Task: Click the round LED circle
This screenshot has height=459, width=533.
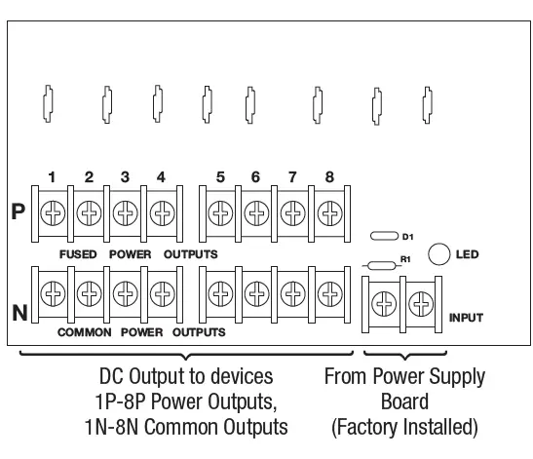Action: click(439, 253)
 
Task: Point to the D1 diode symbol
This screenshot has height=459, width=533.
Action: click(384, 237)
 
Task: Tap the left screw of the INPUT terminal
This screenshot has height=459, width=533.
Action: click(384, 306)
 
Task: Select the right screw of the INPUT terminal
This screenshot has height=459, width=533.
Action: click(421, 306)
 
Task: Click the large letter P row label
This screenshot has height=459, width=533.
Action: click(18, 211)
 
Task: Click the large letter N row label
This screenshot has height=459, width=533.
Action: click(18, 313)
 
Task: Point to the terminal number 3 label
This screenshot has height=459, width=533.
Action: click(125, 177)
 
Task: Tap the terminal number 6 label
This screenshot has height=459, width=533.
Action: click(255, 177)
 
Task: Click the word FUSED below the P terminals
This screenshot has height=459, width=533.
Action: click(77, 253)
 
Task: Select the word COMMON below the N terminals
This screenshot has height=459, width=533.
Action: click(84, 331)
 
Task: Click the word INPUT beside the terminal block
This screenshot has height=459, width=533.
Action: click(466, 318)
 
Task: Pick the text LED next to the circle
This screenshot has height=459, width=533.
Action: click(468, 254)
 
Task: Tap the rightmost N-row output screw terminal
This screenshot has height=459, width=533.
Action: click(329, 291)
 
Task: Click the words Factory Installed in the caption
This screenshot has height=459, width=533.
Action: click(404, 426)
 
